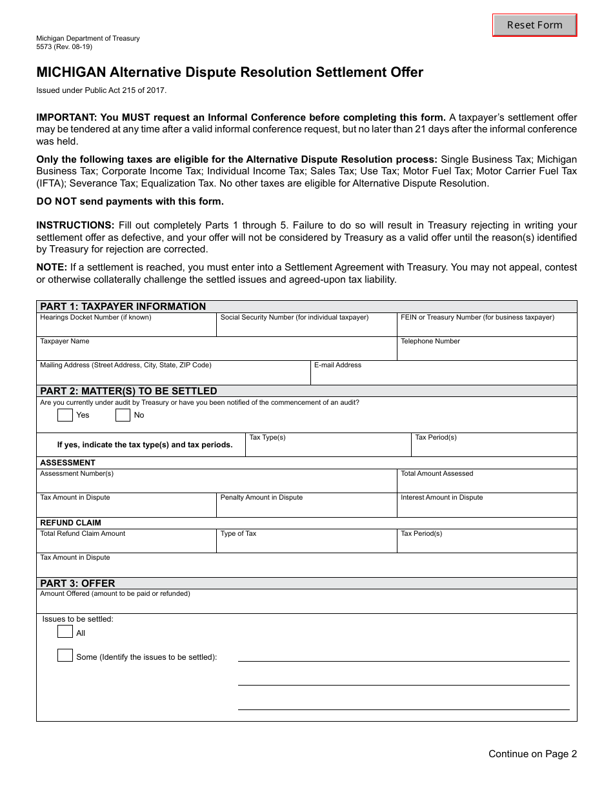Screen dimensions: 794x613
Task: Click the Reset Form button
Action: pos(534,25)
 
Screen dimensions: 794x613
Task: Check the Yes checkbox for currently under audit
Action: pos(65,415)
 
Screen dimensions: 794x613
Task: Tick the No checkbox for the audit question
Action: pos(123,415)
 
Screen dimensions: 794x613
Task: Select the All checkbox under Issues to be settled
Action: pos(65,632)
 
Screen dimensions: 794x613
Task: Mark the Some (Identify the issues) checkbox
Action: pos(65,656)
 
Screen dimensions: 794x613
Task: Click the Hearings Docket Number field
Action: pos(126,328)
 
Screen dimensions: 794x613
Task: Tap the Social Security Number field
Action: pos(306,328)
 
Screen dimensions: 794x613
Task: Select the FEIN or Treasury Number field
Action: pos(487,328)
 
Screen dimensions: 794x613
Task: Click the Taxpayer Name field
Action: pos(216,352)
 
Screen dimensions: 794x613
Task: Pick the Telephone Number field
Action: pos(487,352)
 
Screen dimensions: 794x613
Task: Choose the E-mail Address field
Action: pos(443,376)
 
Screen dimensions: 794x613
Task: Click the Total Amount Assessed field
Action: pos(487,484)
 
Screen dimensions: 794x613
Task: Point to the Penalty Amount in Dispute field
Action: pos(306,508)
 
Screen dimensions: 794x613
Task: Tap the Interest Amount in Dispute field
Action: pos(487,508)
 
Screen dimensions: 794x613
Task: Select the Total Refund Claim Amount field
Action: pos(126,544)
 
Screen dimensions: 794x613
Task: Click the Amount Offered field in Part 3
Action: pos(306,605)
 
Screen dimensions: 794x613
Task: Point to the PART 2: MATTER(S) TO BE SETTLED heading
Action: pos(128,391)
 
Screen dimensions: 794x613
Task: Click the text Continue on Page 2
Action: pos(532,754)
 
